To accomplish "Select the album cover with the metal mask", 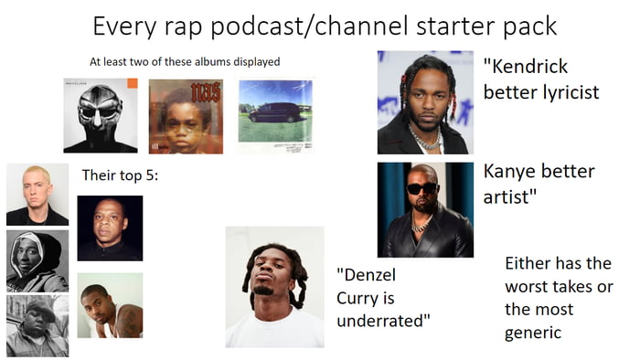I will pyautogui.click(x=100, y=116).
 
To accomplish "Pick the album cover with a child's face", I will pyautogui.click(x=186, y=116).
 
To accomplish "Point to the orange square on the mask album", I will pyautogui.click(x=132, y=83).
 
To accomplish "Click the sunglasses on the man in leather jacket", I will pyautogui.click(x=421, y=188).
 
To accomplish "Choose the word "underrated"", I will pyautogui.click(x=383, y=322).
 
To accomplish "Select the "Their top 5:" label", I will pyautogui.click(x=120, y=175).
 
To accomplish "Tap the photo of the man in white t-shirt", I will pyautogui.click(x=274, y=288).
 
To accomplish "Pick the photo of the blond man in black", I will pyautogui.click(x=37, y=194).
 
